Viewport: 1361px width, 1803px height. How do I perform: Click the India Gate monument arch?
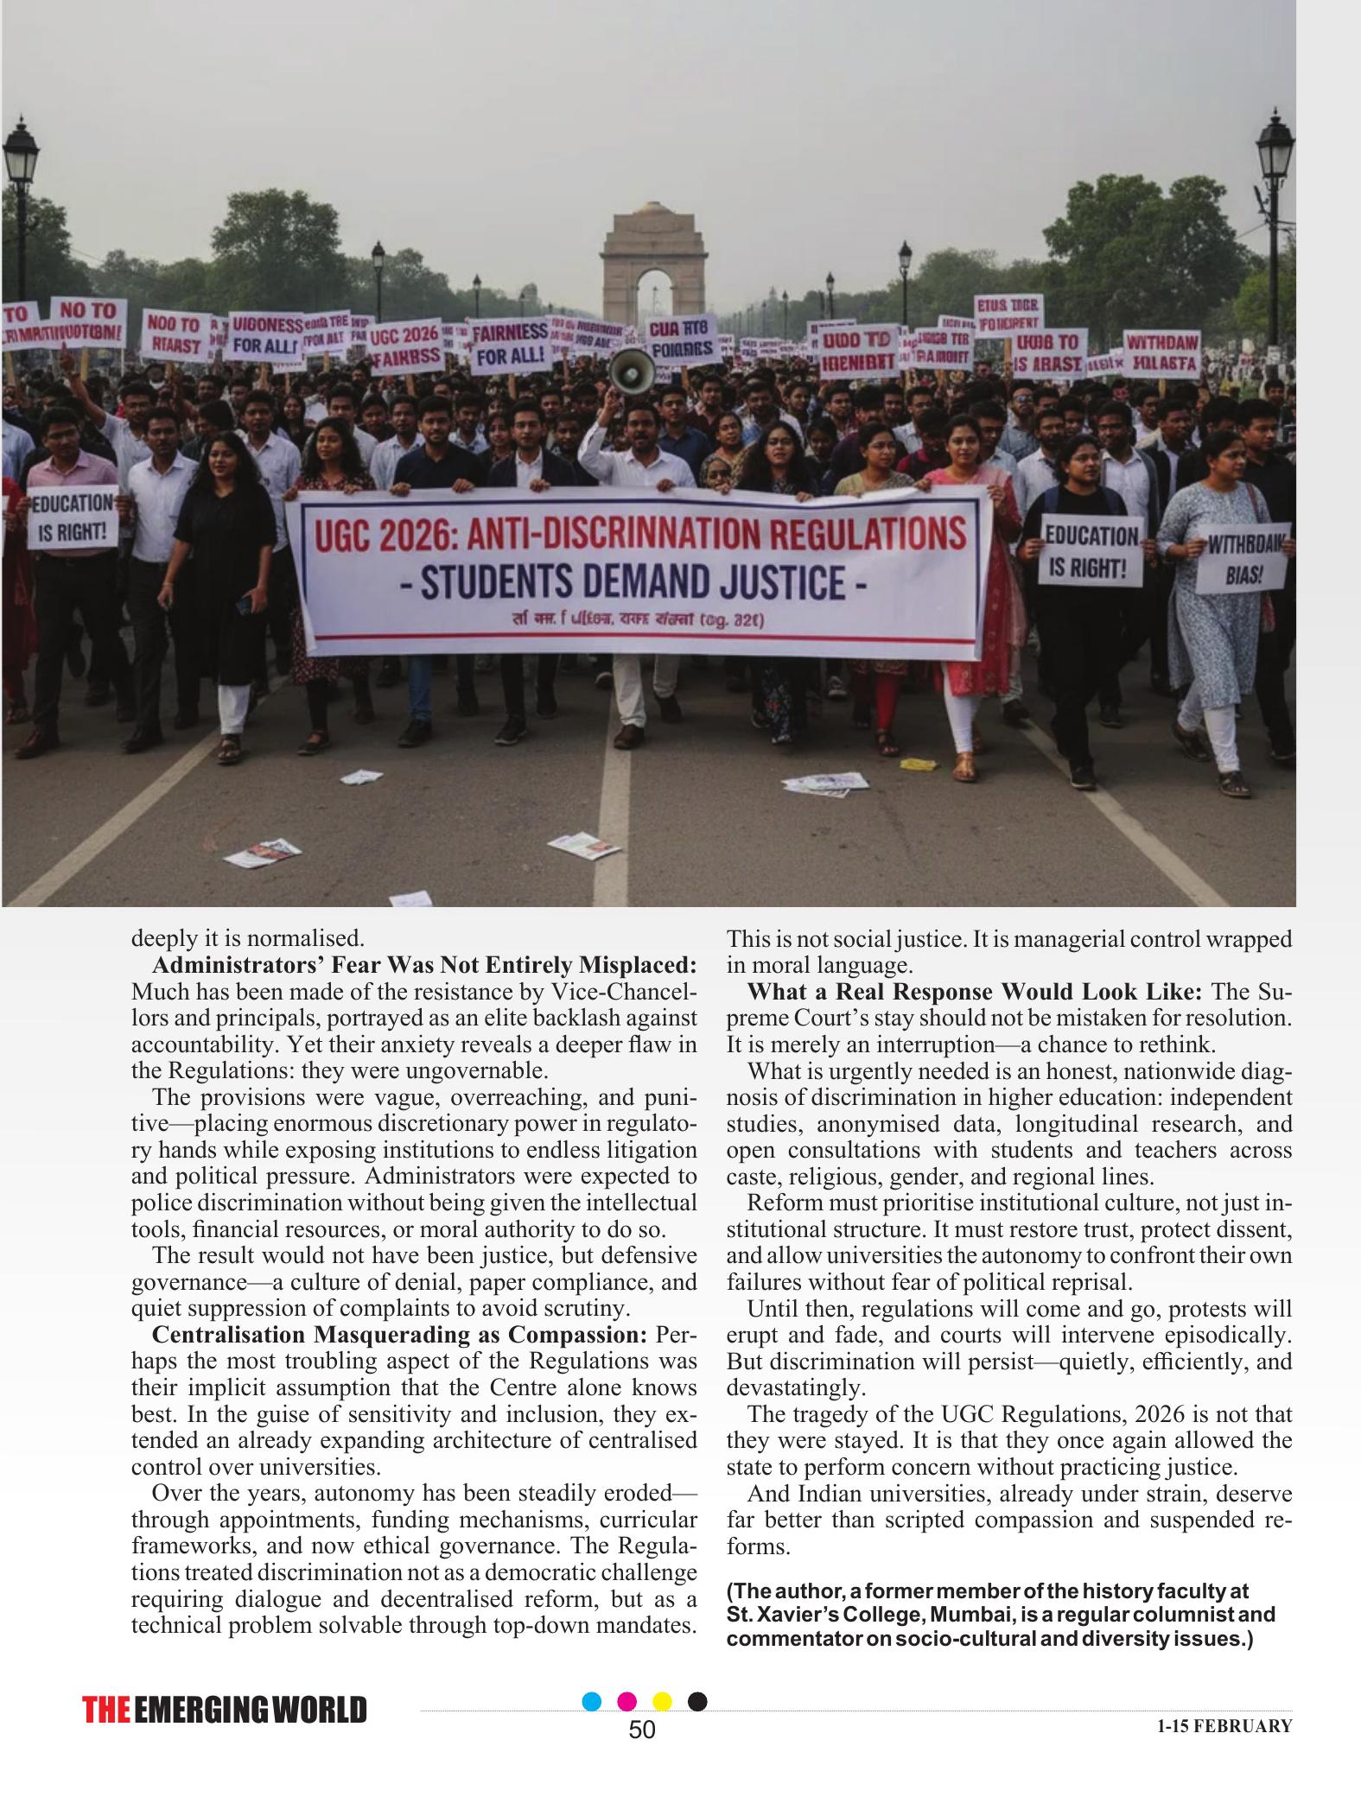pyautogui.click(x=654, y=263)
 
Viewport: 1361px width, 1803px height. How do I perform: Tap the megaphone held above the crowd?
pyautogui.click(x=633, y=371)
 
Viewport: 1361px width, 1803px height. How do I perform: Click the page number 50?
pyautogui.click(x=642, y=1730)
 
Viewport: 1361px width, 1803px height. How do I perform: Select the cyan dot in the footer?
pyautogui.click(x=592, y=1701)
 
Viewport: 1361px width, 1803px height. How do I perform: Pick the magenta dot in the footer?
pyautogui.click(x=628, y=1701)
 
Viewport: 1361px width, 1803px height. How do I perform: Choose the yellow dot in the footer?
pyautogui.click(x=662, y=1701)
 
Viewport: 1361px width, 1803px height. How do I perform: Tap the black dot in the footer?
pyautogui.click(x=697, y=1701)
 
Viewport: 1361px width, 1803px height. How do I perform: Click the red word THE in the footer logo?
pyautogui.click(x=106, y=1711)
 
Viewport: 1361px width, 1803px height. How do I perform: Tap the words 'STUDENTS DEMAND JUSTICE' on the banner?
pyautogui.click(x=635, y=581)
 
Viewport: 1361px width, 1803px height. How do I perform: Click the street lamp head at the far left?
pyautogui.click(x=21, y=156)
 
